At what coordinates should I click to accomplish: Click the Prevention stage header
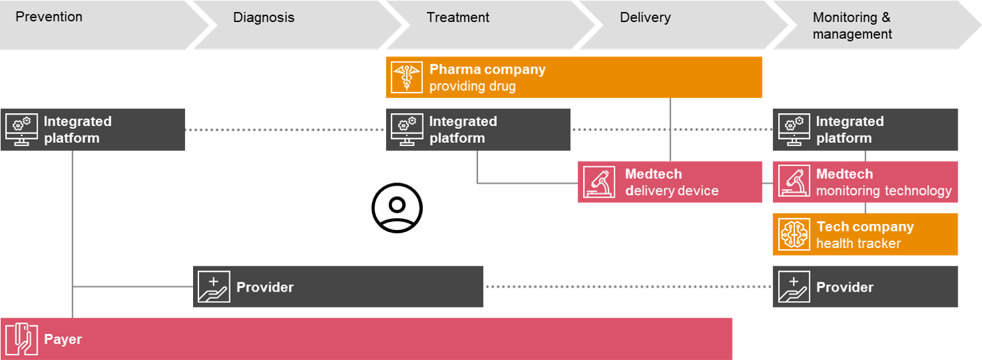[49, 17]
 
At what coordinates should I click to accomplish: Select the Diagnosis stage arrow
[263, 18]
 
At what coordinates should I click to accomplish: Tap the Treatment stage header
[458, 18]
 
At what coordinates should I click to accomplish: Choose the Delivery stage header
[645, 18]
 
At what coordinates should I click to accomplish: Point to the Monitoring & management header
[852, 25]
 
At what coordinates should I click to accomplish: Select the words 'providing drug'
[473, 86]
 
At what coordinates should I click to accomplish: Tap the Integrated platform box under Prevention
[93, 130]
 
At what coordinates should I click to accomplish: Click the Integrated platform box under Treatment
[479, 130]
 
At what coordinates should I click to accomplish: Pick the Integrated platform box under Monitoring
[865, 130]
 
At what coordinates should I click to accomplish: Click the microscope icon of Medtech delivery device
[599, 182]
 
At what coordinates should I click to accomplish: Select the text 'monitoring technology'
[883, 191]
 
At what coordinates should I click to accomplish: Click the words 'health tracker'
[858, 243]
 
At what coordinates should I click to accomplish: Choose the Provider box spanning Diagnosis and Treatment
[339, 287]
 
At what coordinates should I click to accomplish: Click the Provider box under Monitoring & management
[865, 287]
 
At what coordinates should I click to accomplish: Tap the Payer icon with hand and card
[21, 339]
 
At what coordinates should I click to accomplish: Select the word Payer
[63, 339]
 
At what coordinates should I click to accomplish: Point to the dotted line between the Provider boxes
[628, 287]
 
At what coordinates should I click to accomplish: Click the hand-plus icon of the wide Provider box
[214, 287]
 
